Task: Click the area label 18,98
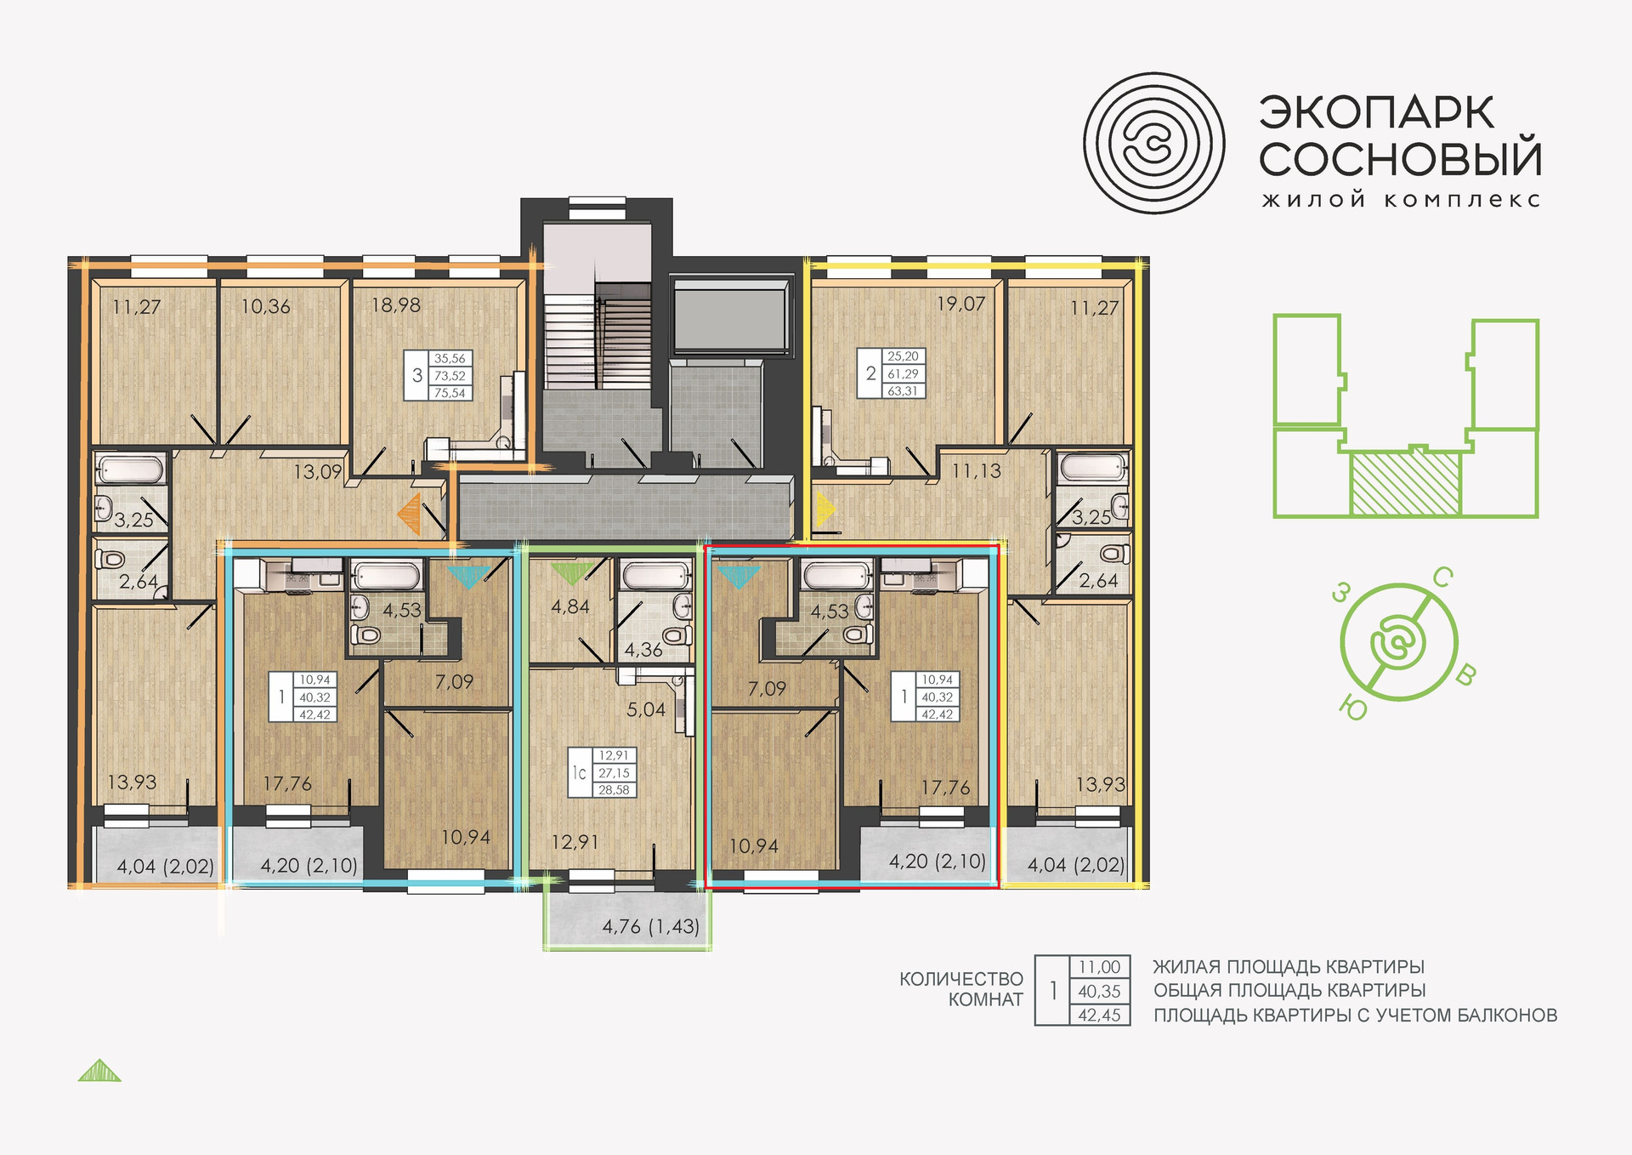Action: coord(395,305)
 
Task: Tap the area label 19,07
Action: coord(961,304)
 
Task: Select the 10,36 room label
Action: coord(265,306)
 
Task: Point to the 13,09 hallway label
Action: coord(318,471)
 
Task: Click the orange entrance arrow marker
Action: coord(411,515)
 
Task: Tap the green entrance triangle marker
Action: coord(569,573)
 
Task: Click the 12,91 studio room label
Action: coord(575,842)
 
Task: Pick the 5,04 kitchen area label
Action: coord(646,709)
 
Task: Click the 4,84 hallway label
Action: coord(570,606)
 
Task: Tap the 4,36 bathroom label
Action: coord(643,650)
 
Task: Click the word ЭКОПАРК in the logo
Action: coord(1376,113)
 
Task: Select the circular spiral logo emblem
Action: coord(1153,143)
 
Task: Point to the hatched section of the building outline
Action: coord(1405,484)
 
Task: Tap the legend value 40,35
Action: coord(1099,991)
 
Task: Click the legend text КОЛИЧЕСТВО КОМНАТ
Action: coord(961,989)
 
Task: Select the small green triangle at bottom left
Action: coord(99,1070)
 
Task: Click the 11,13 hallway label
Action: coord(977,471)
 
